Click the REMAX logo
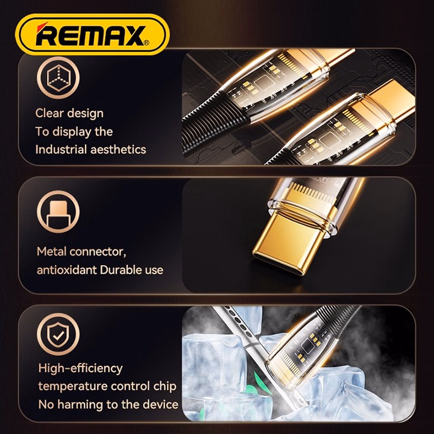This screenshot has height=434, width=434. pos(92,34)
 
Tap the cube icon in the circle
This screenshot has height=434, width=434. pos(58,78)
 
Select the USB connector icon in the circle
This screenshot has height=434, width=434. pos(58,212)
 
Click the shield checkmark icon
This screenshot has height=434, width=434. pos(58,334)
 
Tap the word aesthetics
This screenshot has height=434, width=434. pos(118,149)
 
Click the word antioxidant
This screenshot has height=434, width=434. pos(66,270)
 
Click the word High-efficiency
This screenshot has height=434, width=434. pos(80,369)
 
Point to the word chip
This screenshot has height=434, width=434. pos(165,386)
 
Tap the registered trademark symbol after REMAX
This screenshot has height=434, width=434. pos(146,42)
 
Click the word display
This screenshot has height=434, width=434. pos(72,132)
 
